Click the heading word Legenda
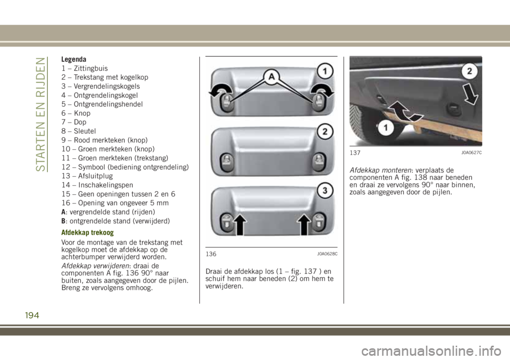74,59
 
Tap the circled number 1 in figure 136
325,70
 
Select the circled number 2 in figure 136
325,131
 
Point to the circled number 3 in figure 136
325,190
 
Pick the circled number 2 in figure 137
469,69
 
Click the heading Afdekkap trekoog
87,233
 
